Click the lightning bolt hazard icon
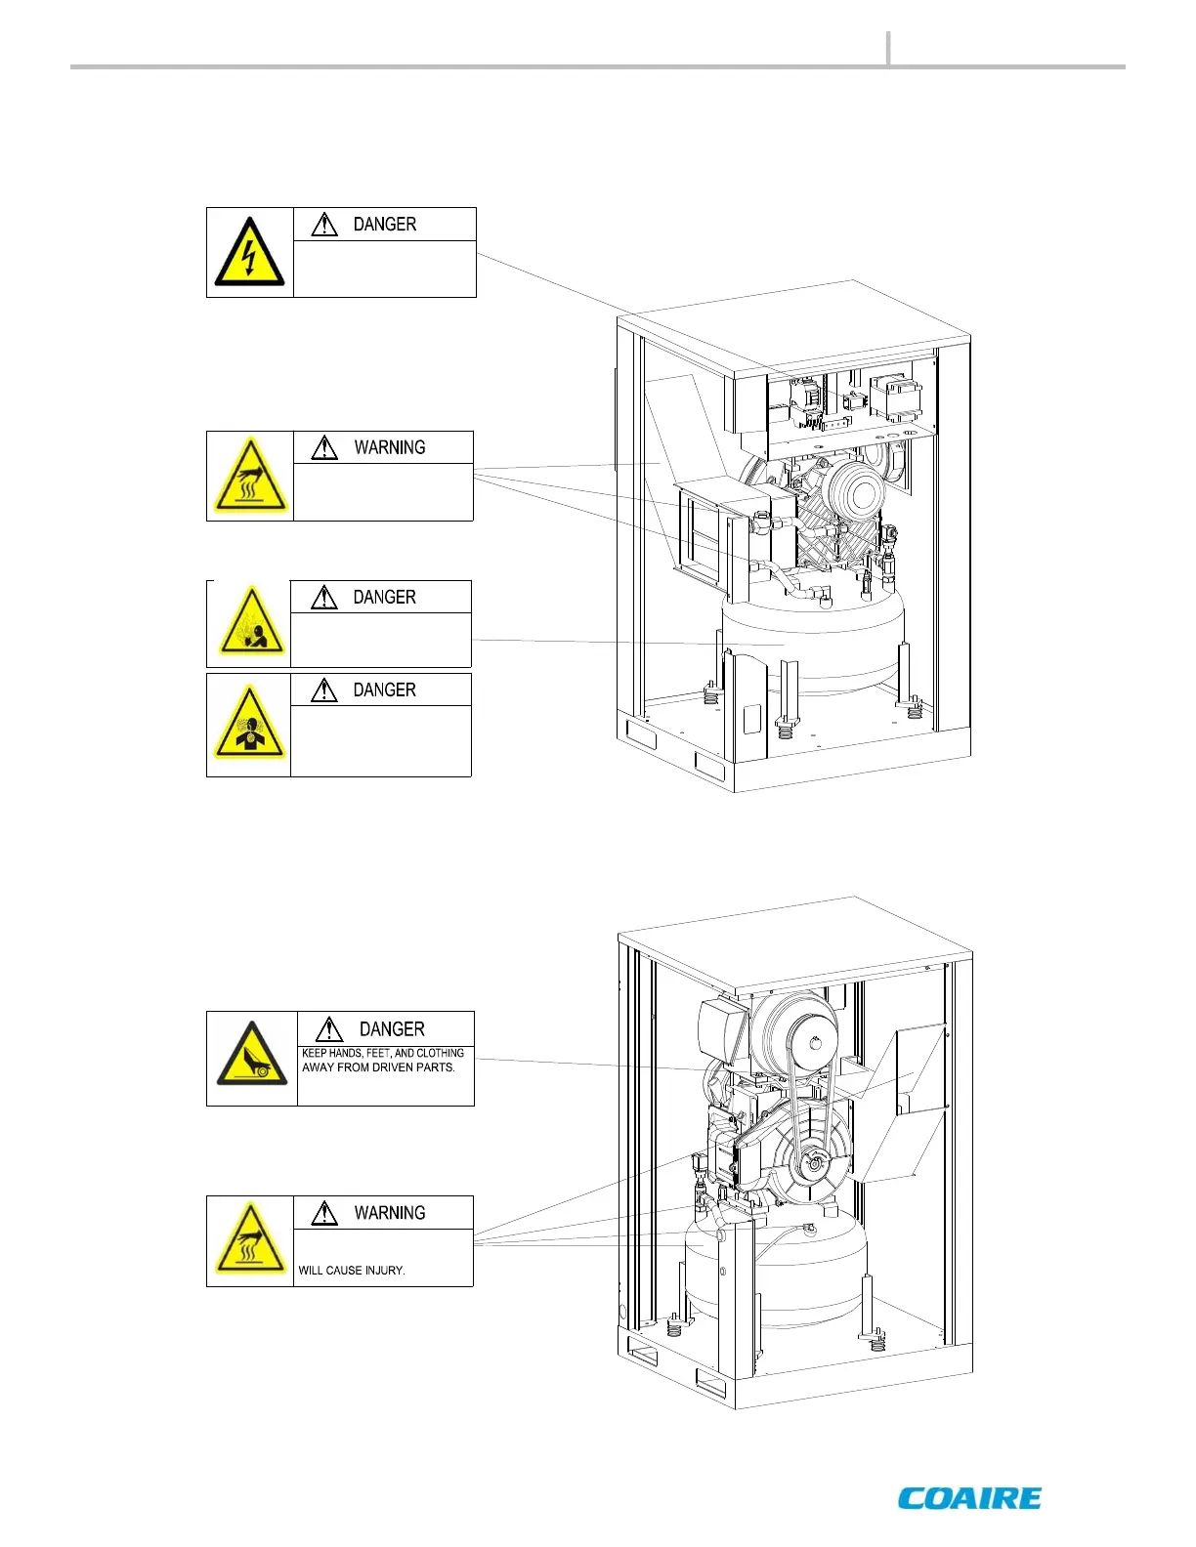pos(249,252)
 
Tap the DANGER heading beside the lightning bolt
pos(384,225)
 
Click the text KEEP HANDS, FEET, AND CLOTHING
pos(383,1053)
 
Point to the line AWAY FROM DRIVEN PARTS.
pos(378,1067)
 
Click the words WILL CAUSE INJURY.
pos(352,1271)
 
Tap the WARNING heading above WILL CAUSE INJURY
pos(389,1213)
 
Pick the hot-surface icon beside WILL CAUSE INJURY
pos(250,1241)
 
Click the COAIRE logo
pos(969,1498)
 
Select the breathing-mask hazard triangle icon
pos(249,726)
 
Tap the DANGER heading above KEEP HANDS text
pos(391,1029)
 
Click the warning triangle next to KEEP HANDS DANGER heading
pos(329,1029)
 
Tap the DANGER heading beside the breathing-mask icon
pos(384,690)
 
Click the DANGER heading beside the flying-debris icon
pos(384,598)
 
